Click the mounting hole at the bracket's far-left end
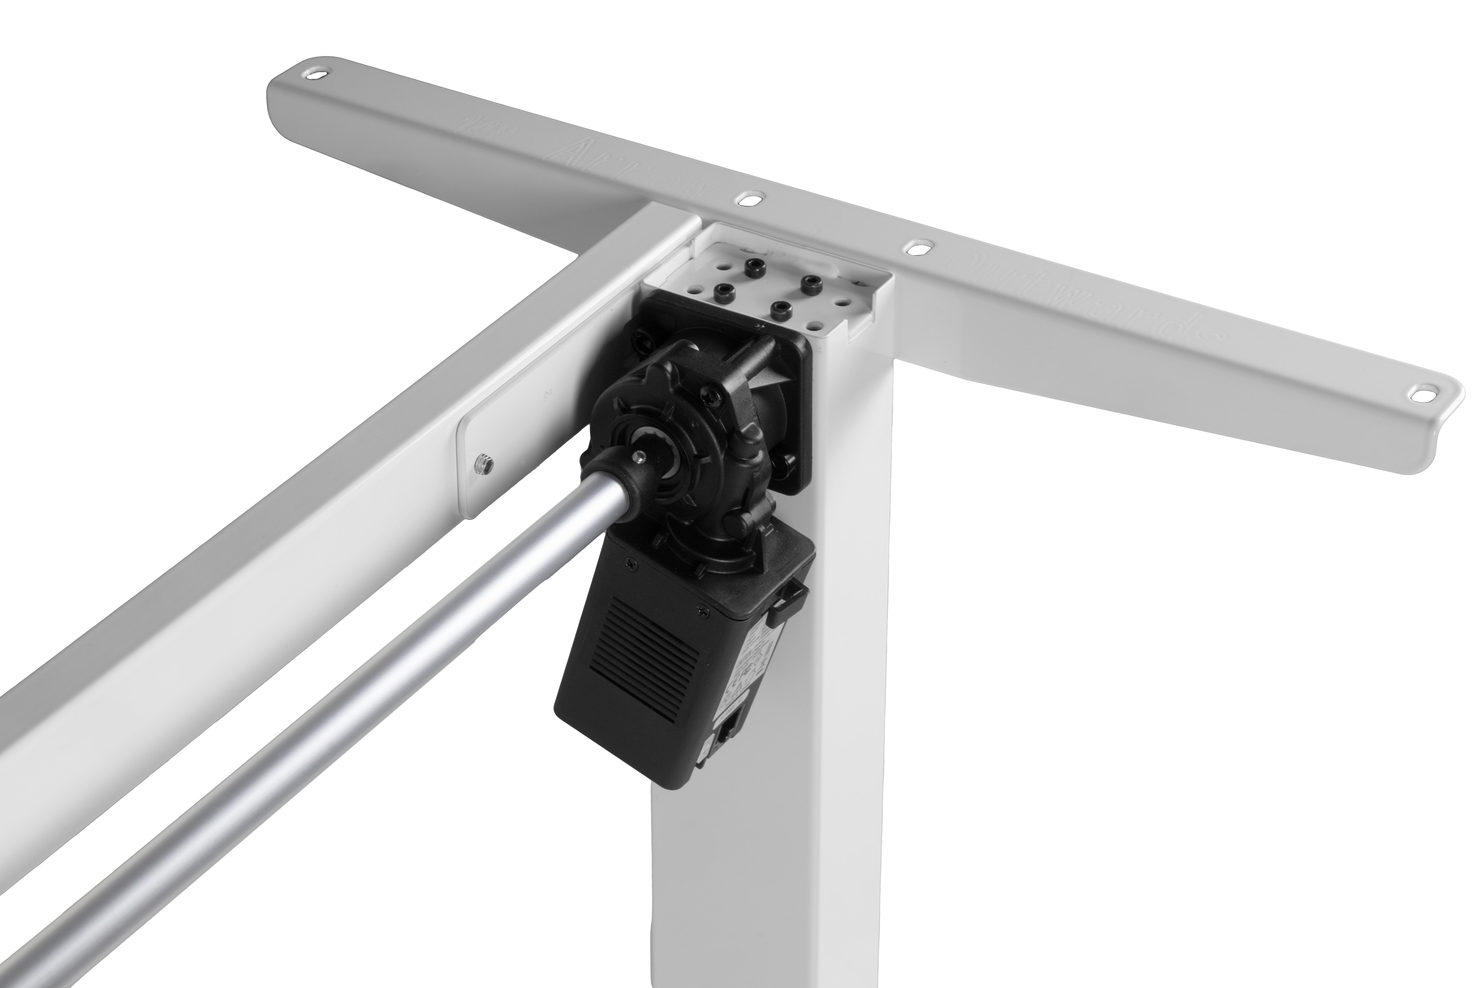point(314,74)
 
